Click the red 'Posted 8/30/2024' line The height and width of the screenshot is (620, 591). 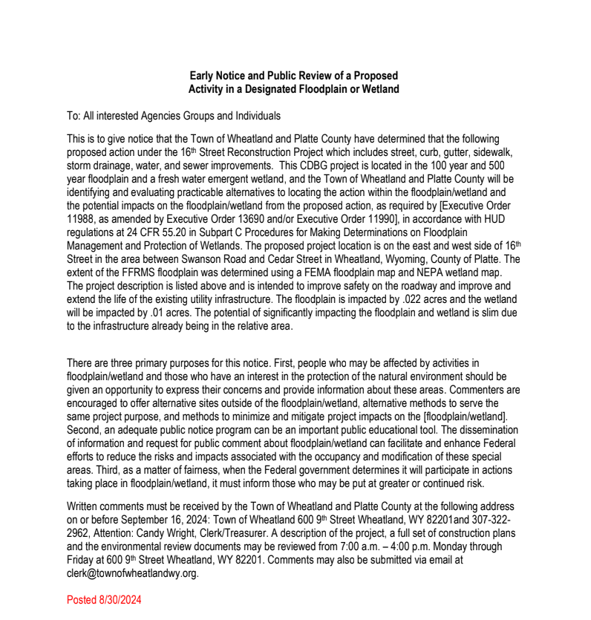(x=104, y=599)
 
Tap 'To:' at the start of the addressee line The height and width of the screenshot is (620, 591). (x=74, y=116)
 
